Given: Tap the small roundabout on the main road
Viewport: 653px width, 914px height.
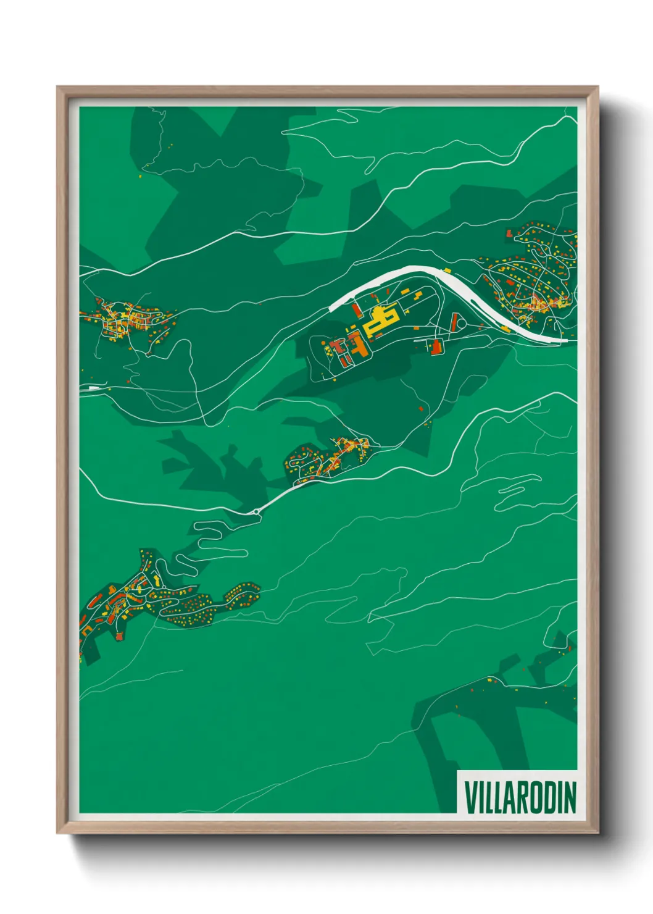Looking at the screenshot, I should (256, 511).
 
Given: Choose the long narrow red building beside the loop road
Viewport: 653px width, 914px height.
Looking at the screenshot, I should (454, 322).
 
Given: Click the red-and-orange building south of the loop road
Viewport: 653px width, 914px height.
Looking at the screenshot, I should (436, 346).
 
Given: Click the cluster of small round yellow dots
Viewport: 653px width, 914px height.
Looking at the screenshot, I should (191, 611).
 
